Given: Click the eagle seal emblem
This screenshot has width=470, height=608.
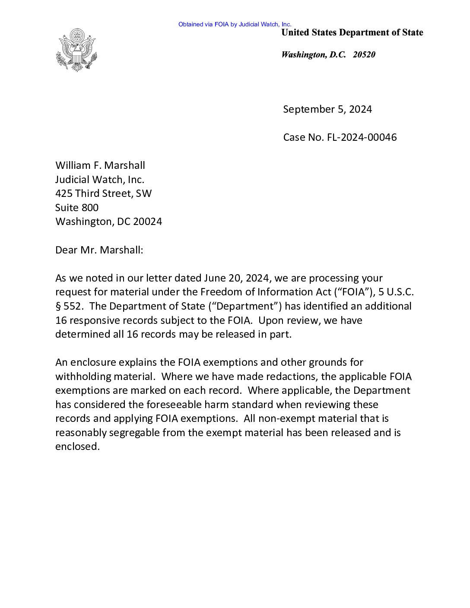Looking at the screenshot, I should point(76,50).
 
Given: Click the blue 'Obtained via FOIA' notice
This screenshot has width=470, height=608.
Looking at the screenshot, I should point(235,24).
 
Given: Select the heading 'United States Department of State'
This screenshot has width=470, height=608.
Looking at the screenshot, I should point(352,32).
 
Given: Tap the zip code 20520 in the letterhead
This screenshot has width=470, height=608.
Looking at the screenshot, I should point(364,54).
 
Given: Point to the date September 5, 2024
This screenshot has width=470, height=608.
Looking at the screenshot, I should point(327,109).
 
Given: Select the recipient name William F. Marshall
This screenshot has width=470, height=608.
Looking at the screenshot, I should point(100,165).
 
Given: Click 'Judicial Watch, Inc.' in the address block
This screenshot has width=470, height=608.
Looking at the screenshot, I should point(99,179).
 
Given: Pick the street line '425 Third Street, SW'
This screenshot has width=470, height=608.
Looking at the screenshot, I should point(103,193).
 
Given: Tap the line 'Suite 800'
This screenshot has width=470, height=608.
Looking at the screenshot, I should point(76,208).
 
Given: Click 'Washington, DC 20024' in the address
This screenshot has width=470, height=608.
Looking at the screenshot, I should point(108,222).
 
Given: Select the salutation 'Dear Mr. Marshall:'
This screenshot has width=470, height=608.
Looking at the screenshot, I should point(99,250).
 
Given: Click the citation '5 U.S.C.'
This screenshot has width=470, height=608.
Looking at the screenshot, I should point(396,292).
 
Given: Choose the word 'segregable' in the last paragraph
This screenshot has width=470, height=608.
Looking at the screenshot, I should point(134,433).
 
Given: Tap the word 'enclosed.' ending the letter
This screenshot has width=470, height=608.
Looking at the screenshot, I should point(77,446).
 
